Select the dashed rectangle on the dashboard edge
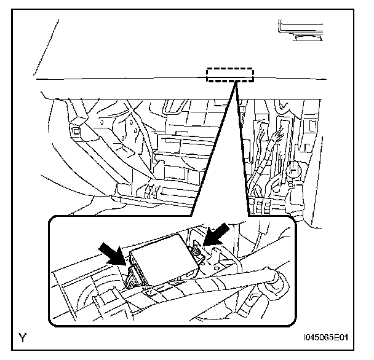click(229, 75)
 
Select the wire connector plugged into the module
click(132, 276)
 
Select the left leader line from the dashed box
click(212, 148)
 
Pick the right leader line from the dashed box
click(243, 148)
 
